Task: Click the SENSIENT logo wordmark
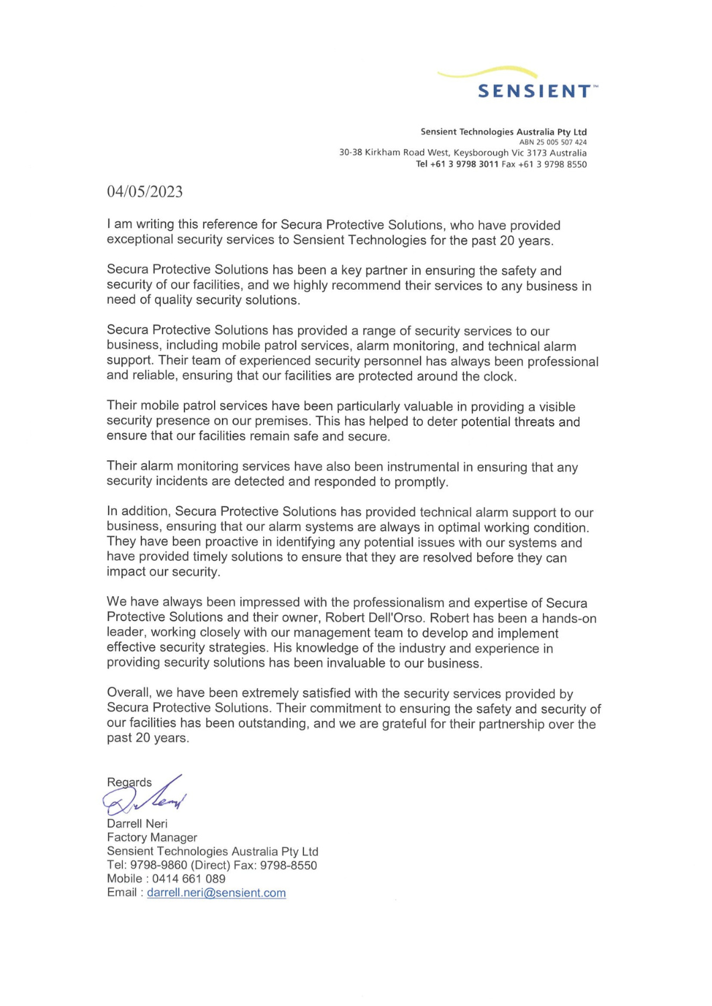click(x=534, y=91)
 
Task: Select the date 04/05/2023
click(x=145, y=192)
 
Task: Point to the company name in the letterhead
click(x=503, y=132)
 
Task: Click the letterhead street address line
click(x=462, y=153)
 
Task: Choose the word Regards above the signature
click(x=129, y=782)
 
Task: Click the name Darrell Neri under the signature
click(x=137, y=824)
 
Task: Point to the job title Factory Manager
click(x=152, y=838)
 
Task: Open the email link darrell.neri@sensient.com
click(x=216, y=893)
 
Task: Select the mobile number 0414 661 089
click(x=189, y=879)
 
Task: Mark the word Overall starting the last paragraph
click(x=129, y=693)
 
